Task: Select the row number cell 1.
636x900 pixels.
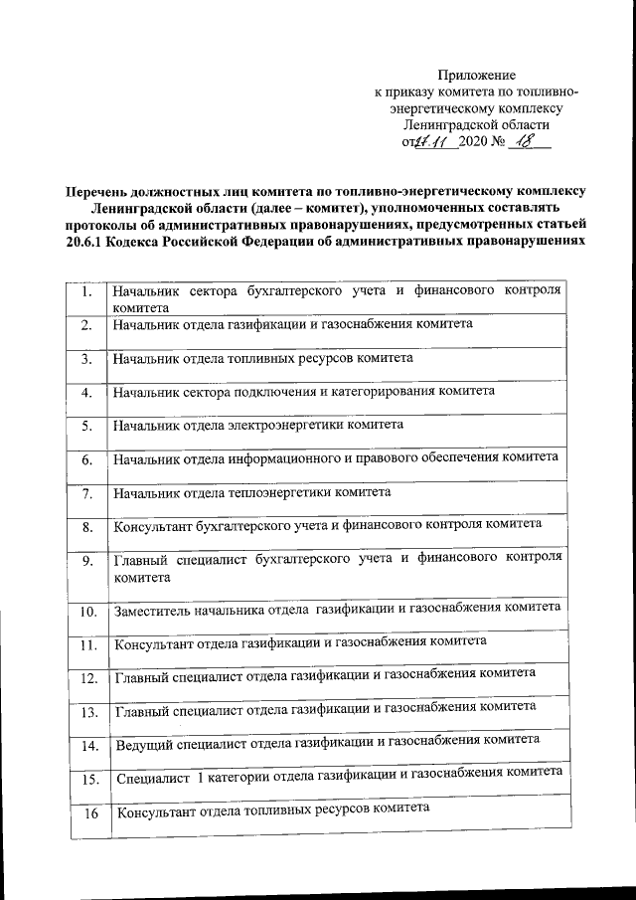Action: coord(87,293)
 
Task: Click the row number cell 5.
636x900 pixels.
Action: coord(87,427)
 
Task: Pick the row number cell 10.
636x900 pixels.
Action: coord(87,610)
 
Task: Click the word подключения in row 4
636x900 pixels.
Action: coord(285,391)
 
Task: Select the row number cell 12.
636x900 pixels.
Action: coord(87,678)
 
